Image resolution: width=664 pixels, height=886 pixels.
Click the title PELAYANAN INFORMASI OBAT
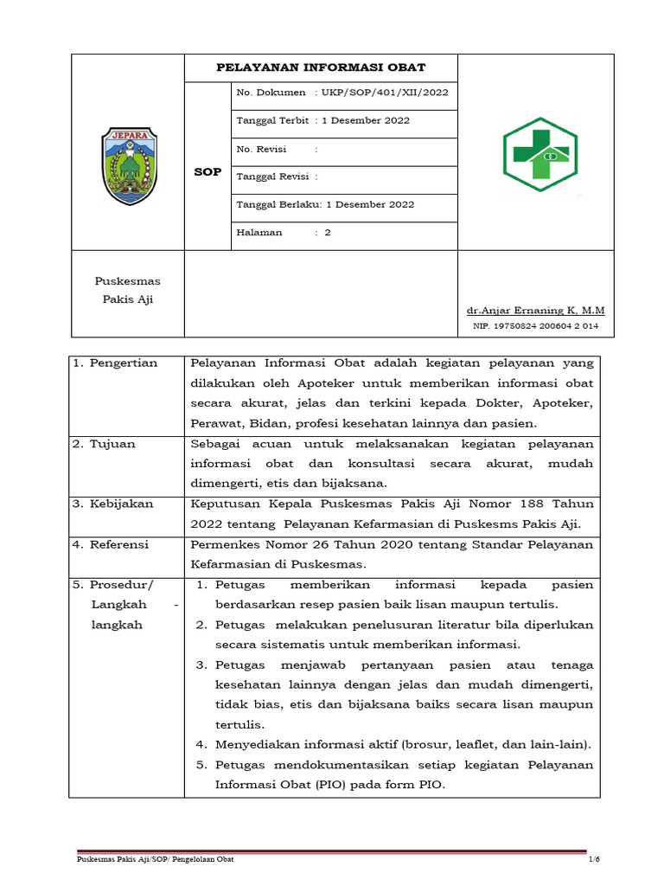[x=320, y=67]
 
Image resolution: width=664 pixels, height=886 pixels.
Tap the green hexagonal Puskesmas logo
[x=541, y=155]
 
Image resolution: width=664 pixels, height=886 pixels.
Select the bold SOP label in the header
[x=207, y=172]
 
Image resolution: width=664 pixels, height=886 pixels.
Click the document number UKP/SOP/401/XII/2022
[x=384, y=93]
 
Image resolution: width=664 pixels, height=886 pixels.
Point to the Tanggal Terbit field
[x=322, y=120]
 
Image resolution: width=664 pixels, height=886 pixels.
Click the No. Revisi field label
[x=261, y=149]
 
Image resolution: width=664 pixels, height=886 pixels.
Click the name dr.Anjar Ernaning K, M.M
[x=535, y=310]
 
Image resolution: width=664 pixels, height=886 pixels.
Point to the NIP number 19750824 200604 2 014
[x=535, y=326]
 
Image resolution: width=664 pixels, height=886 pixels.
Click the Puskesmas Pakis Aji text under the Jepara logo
[x=127, y=291]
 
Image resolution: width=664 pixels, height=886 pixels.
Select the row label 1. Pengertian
[x=115, y=363]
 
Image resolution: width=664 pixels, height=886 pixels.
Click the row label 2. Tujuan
[x=104, y=444]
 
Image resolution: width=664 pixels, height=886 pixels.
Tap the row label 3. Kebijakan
[x=113, y=504]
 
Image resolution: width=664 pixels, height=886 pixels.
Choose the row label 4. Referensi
[x=111, y=544]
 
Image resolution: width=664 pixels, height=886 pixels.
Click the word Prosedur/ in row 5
[x=123, y=585]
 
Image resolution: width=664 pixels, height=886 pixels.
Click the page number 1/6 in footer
[x=594, y=859]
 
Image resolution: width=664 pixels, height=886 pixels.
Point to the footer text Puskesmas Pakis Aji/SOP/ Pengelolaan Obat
[x=154, y=859]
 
